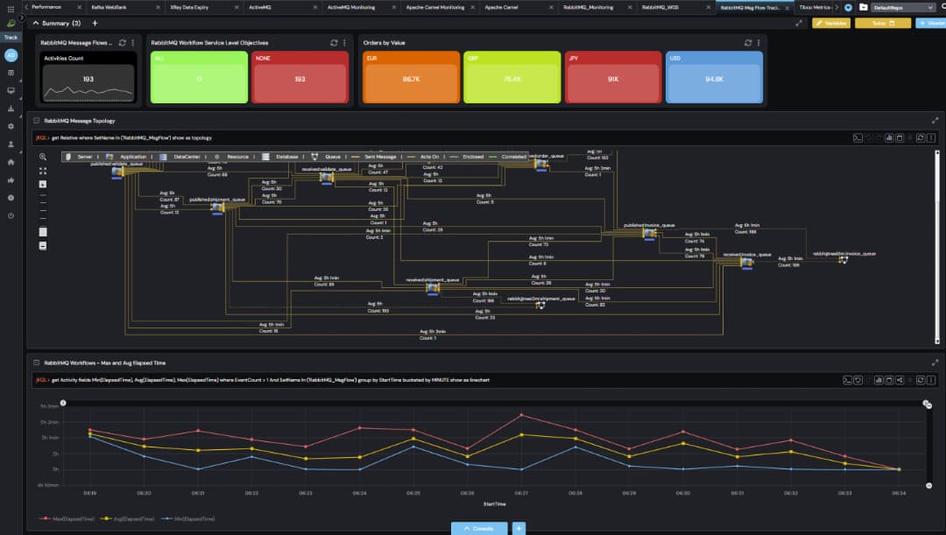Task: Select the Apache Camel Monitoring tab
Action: pyautogui.click(x=435, y=7)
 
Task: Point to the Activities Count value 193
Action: pyautogui.click(x=88, y=79)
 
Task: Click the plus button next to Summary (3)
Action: pyautogui.click(x=95, y=24)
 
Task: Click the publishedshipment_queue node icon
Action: pyautogui.click(x=217, y=208)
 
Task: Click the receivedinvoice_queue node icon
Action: pyautogui.click(x=746, y=262)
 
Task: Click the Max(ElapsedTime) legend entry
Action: pyautogui.click(x=69, y=518)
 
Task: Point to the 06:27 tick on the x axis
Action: pyautogui.click(x=521, y=494)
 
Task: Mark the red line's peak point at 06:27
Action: pyautogui.click(x=521, y=414)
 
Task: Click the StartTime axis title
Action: pyautogui.click(x=494, y=504)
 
